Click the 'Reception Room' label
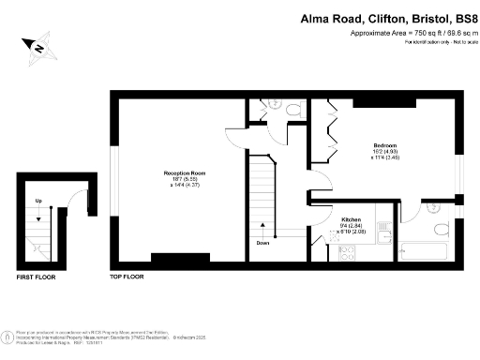point(184,174)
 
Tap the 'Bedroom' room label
point(385,146)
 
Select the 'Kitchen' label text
point(352,219)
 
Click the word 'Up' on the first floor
point(38,202)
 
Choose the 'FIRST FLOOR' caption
point(38,277)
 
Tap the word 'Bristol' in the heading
point(423,17)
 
